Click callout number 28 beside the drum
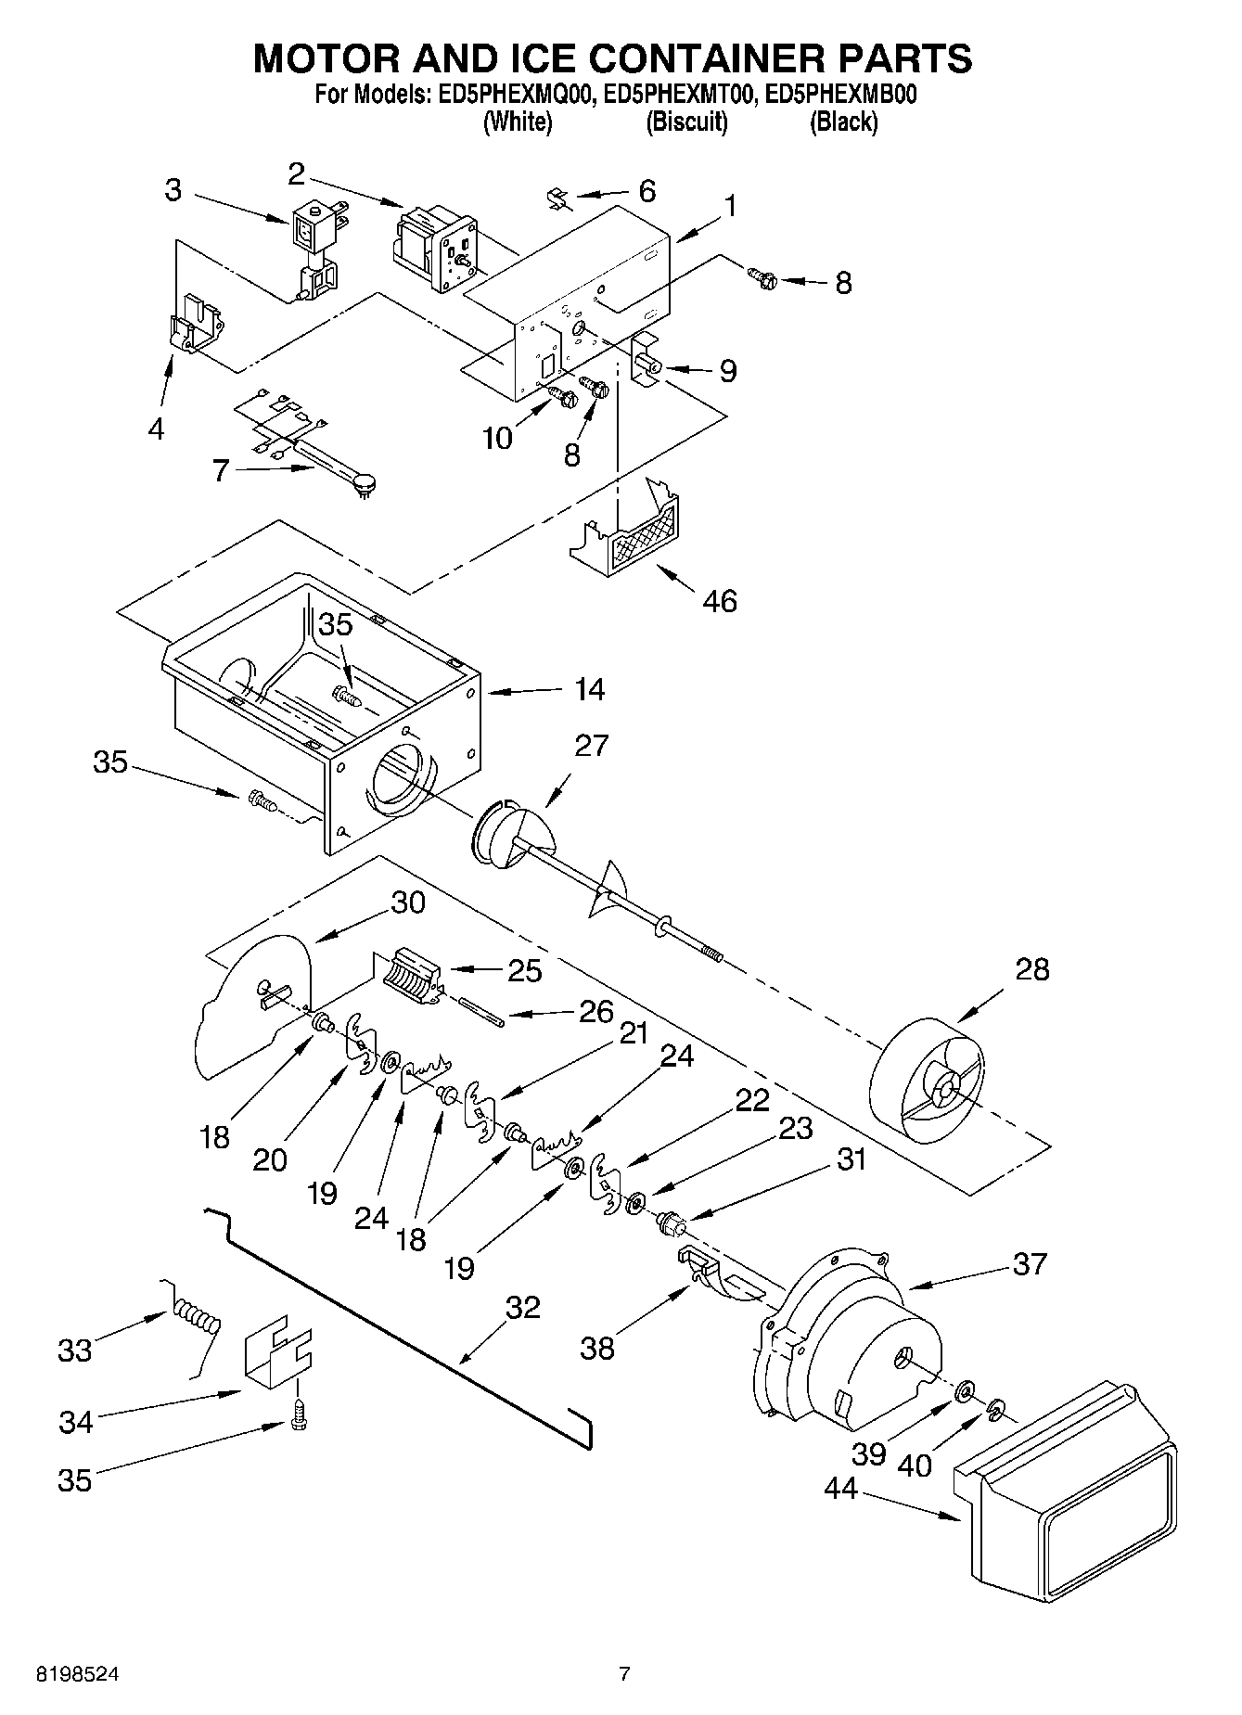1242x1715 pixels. coord(1031,969)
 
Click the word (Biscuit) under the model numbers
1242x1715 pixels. coord(686,122)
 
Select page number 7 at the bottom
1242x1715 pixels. coord(624,1674)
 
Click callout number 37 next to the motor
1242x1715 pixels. coord(1030,1263)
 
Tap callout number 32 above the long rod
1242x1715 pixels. coord(522,1307)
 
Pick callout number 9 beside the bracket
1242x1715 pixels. coord(728,371)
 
